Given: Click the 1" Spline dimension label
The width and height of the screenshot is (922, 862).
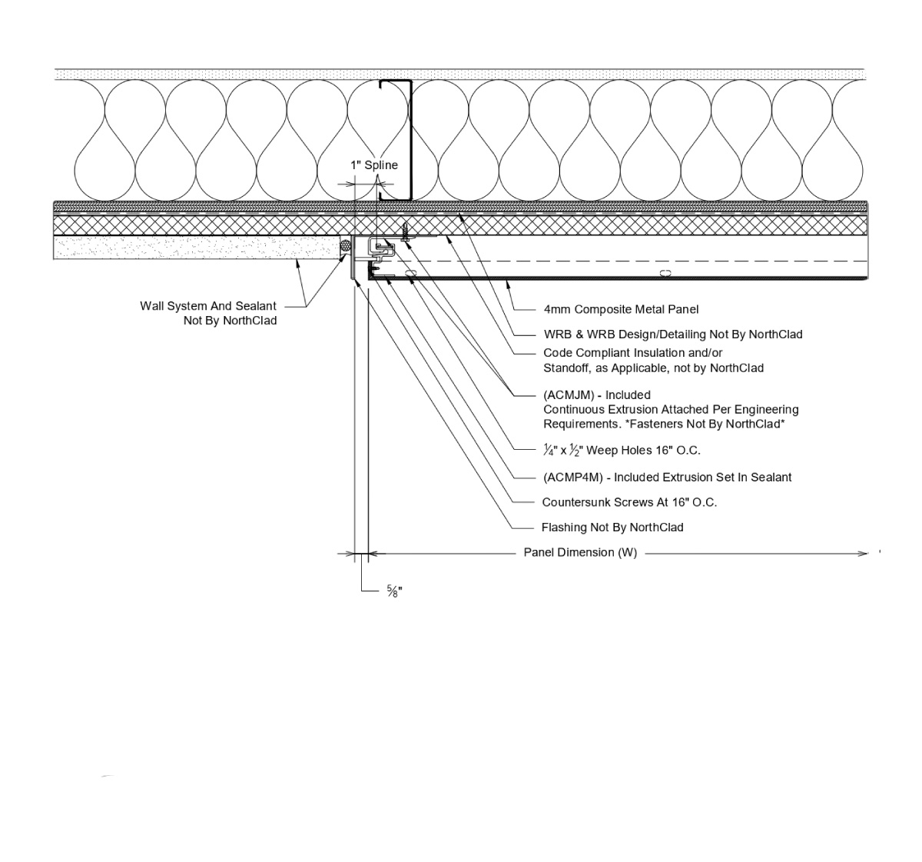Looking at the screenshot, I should [x=374, y=165].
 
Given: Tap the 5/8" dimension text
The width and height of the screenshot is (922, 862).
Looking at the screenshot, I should [x=394, y=591].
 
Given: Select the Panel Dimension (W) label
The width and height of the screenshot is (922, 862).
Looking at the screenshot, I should [x=580, y=552].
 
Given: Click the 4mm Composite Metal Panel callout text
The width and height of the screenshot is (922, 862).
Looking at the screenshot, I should [x=621, y=309].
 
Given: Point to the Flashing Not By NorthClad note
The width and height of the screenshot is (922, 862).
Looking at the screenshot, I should [x=612, y=528].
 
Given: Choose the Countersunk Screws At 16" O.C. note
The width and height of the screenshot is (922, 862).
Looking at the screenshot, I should [x=629, y=502].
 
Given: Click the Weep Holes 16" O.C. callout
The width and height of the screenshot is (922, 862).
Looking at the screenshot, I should [x=622, y=450].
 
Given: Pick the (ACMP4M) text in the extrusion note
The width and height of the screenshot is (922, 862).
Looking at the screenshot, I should [x=572, y=477].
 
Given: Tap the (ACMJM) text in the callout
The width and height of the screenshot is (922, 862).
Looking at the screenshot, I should [x=569, y=395].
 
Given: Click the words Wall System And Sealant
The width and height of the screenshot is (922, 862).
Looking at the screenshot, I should [x=208, y=306].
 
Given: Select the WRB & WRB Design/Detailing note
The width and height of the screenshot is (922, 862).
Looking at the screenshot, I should [x=672, y=334].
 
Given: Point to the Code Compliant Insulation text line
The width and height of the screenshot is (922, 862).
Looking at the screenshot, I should [x=633, y=353].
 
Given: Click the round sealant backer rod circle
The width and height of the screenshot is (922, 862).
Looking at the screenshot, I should [x=345, y=246].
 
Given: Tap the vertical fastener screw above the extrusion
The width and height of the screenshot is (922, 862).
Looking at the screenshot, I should [x=404, y=230].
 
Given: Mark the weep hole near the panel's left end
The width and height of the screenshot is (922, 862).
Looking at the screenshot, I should [x=410, y=274].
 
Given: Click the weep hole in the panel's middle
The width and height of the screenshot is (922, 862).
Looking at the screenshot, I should [x=665, y=274].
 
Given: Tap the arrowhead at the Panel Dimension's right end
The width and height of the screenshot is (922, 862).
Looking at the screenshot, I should [x=863, y=553].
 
